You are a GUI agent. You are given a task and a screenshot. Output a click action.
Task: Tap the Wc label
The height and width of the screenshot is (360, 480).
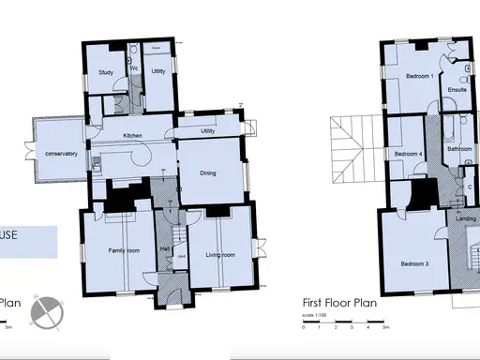pyautogui.click(x=134, y=68)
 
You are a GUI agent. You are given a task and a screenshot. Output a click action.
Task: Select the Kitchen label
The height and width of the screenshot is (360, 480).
pyautogui.click(x=132, y=136)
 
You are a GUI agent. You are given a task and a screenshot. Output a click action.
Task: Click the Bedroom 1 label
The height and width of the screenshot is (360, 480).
pyautogui.click(x=419, y=75)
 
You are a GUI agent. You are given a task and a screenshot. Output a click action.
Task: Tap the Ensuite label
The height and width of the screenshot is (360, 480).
pyautogui.click(x=457, y=90)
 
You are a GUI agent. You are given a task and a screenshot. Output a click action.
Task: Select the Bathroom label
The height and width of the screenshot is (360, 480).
pyautogui.click(x=458, y=149)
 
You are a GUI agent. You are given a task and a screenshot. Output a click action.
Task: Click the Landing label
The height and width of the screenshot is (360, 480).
pyautogui.click(x=466, y=219)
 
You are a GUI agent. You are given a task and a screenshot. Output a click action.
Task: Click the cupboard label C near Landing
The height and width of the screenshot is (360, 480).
pyautogui.click(x=469, y=187)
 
